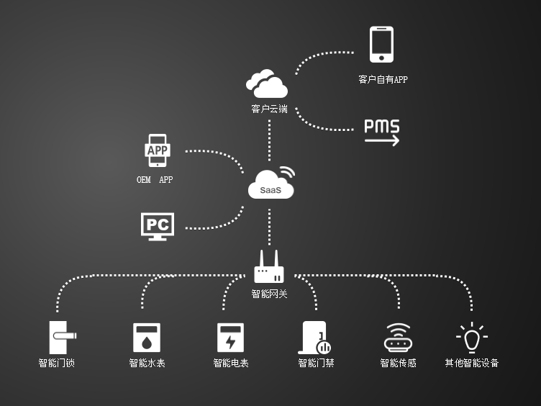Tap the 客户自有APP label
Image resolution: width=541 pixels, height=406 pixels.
[383, 80]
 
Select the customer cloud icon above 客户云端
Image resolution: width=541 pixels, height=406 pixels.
[267, 84]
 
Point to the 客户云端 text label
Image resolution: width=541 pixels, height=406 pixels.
[269, 109]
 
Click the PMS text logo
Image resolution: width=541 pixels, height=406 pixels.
[381, 126]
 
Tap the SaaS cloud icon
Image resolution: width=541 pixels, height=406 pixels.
[272, 184]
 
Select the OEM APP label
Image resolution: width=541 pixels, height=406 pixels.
[155, 180]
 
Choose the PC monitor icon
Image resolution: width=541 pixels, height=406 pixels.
[158, 225]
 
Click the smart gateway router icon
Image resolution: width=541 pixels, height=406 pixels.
[269, 268]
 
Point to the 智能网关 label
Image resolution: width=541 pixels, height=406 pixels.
[269, 294]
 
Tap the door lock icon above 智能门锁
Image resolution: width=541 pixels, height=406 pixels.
[61, 336]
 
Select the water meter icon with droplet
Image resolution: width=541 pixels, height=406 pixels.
[147, 337]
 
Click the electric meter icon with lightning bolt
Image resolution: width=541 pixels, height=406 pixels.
[230, 337]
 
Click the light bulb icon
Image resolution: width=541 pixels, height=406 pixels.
[471, 337]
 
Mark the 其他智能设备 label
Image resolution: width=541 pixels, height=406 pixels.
[471, 363]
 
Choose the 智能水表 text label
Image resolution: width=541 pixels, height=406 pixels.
[147, 363]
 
